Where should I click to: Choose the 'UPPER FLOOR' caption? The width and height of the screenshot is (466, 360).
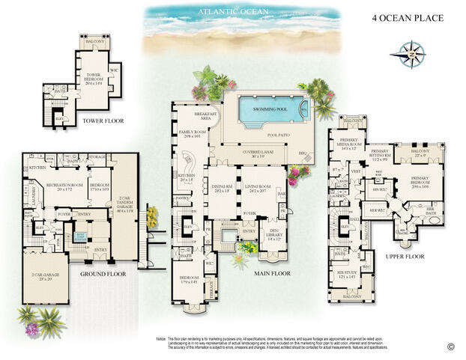tap(405, 257)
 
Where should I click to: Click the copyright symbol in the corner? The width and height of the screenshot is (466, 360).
tap(451, 346)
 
